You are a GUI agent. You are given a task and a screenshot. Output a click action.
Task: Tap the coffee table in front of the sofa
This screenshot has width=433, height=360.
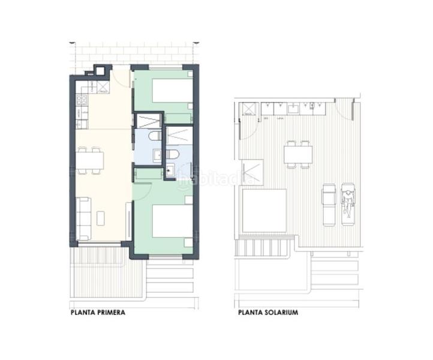tap(101, 218)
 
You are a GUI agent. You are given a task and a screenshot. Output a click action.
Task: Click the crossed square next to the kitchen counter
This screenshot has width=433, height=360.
tap(103, 88)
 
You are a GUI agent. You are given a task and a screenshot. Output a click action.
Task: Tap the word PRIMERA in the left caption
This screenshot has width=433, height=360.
tap(109, 313)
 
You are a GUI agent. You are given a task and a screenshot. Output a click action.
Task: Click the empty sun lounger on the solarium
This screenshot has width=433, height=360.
tap(329, 204)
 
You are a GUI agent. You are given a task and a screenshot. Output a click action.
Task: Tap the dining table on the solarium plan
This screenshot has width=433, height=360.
tap(298, 155)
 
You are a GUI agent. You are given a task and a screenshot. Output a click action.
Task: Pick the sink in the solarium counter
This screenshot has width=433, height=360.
tap(293, 109)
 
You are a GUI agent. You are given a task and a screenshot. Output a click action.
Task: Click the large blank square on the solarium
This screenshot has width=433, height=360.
tap(264, 210)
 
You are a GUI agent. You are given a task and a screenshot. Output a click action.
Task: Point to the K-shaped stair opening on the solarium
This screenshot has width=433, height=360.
tap(251, 172)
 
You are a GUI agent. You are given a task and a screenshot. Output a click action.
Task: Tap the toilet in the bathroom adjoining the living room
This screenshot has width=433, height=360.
tap(155, 136)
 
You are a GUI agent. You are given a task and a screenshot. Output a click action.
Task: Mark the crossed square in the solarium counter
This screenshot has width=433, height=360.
tap(247, 109)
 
